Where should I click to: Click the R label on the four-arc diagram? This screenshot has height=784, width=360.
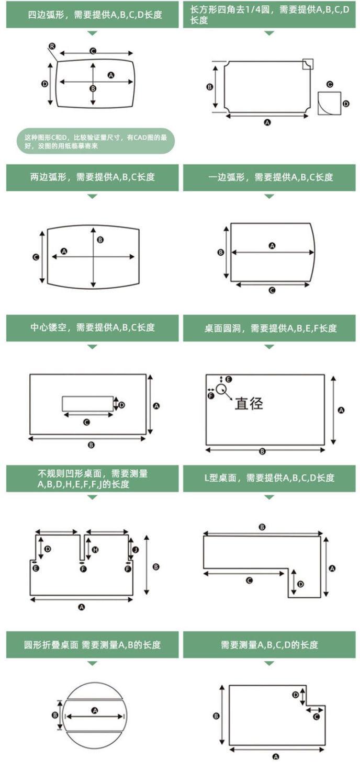coord(52,47)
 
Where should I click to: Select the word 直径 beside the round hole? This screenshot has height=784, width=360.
coord(248,403)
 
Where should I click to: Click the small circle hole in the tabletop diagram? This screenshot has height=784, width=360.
coord(221,389)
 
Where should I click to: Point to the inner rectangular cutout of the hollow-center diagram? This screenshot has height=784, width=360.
coord(87,404)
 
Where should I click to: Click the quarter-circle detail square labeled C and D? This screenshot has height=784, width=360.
coord(329,103)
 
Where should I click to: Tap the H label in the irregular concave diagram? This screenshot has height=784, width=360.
coord(95,550)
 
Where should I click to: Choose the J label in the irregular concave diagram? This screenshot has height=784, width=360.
coord(135,550)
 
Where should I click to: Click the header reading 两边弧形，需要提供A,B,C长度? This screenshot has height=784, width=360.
coord(92,177)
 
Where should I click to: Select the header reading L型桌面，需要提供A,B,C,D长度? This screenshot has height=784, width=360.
coord(269,478)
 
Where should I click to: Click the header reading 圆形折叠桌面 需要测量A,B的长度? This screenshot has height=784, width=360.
coord(92,644)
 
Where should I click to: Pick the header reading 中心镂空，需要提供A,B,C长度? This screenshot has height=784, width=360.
coord(92,328)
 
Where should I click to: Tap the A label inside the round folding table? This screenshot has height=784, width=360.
coord(95,710)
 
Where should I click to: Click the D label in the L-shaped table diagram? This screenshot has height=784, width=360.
coord(300,584)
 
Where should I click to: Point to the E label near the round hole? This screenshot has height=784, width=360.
coord(228,379)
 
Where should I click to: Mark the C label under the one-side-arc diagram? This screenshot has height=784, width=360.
coord(272,291)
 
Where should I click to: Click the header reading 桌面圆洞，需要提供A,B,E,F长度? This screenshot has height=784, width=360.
coord(269,328)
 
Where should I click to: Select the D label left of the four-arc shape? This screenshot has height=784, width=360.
coord(45,84)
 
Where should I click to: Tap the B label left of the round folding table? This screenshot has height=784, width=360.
coord(55,715)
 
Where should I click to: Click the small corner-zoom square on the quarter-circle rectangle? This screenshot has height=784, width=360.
coord(308,64)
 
